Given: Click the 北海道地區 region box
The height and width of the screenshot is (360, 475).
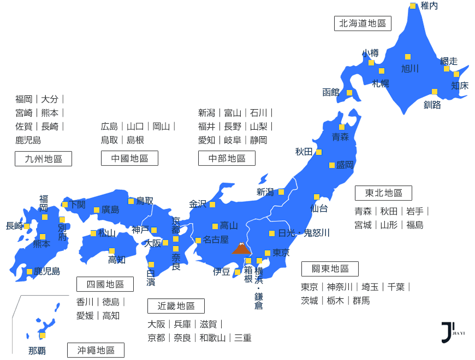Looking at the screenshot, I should [363, 23].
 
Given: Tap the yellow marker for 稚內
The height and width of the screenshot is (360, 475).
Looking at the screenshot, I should [413, 6].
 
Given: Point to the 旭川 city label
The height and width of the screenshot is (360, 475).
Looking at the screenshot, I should [409, 68].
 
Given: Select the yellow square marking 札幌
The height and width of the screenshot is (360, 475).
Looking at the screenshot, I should [382, 71].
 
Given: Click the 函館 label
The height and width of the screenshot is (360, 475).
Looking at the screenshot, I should [331, 92].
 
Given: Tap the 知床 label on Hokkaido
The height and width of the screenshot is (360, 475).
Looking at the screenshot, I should [460, 85].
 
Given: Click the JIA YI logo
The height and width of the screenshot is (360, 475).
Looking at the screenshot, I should [448, 332].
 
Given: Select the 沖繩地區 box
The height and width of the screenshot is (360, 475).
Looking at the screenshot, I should [96, 350].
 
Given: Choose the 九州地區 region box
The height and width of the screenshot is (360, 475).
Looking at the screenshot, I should [43, 159].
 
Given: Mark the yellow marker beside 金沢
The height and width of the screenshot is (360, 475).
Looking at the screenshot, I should [212, 205].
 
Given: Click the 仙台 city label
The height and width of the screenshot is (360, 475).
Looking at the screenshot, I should [319, 208].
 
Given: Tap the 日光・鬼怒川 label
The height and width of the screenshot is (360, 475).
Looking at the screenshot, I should [304, 233].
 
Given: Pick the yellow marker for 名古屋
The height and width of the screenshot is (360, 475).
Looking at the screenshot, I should [198, 240].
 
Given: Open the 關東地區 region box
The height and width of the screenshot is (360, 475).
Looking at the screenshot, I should [330, 269].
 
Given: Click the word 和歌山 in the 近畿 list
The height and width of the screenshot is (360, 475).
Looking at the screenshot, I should [212, 338].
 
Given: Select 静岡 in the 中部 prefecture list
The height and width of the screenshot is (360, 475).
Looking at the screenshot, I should [259, 140].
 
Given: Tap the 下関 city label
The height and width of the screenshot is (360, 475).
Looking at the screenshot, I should [77, 205].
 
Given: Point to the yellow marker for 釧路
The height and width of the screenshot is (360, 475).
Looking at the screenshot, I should [435, 92].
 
